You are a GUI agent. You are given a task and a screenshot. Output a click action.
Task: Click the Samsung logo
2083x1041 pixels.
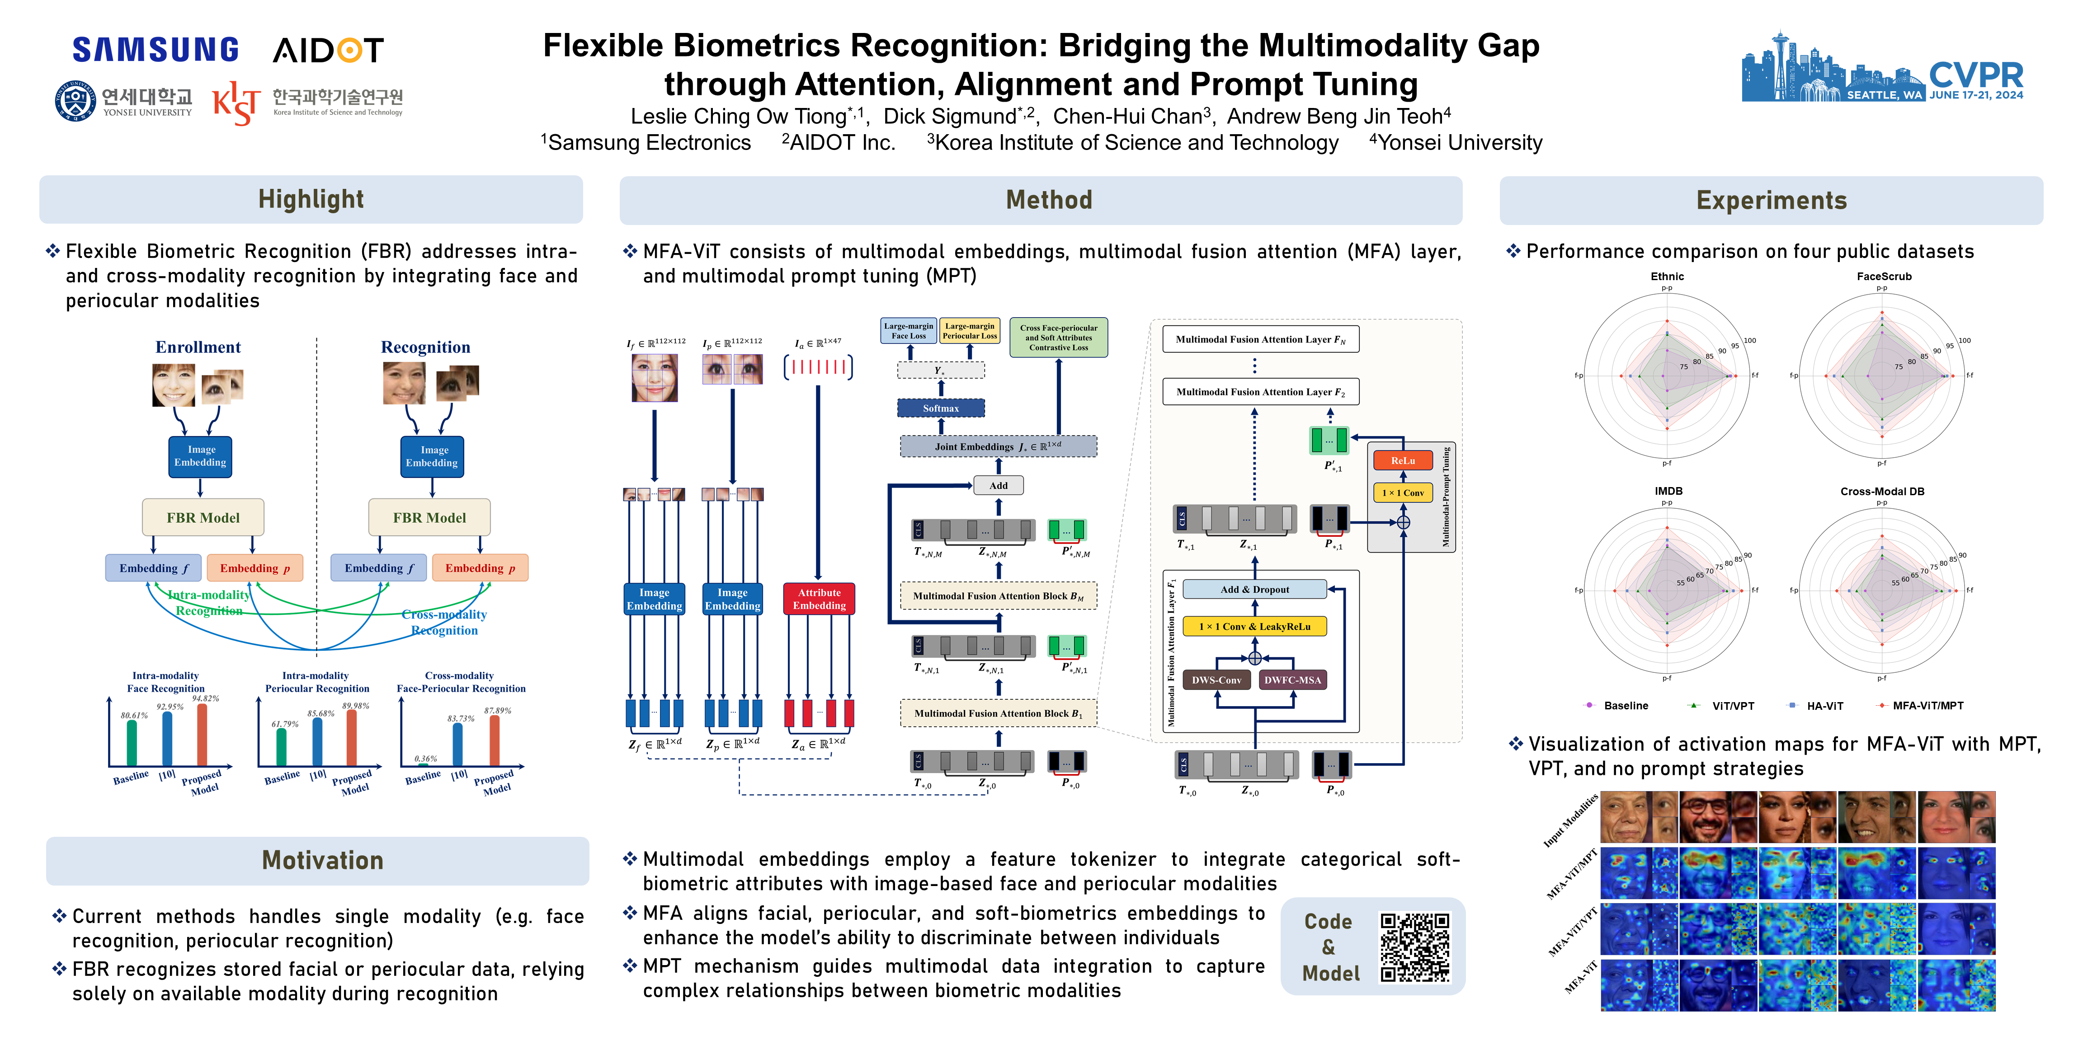click(x=155, y=50)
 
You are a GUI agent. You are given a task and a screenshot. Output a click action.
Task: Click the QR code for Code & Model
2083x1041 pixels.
click(x=1414, y=947)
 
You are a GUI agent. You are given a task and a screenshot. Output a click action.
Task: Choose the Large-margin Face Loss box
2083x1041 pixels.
click(x=908, y=331)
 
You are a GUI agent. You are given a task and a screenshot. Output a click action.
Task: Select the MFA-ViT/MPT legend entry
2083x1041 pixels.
click(x=1927, y=706)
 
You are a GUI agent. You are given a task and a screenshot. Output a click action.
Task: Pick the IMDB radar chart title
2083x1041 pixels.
click(x=1668, y=492)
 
